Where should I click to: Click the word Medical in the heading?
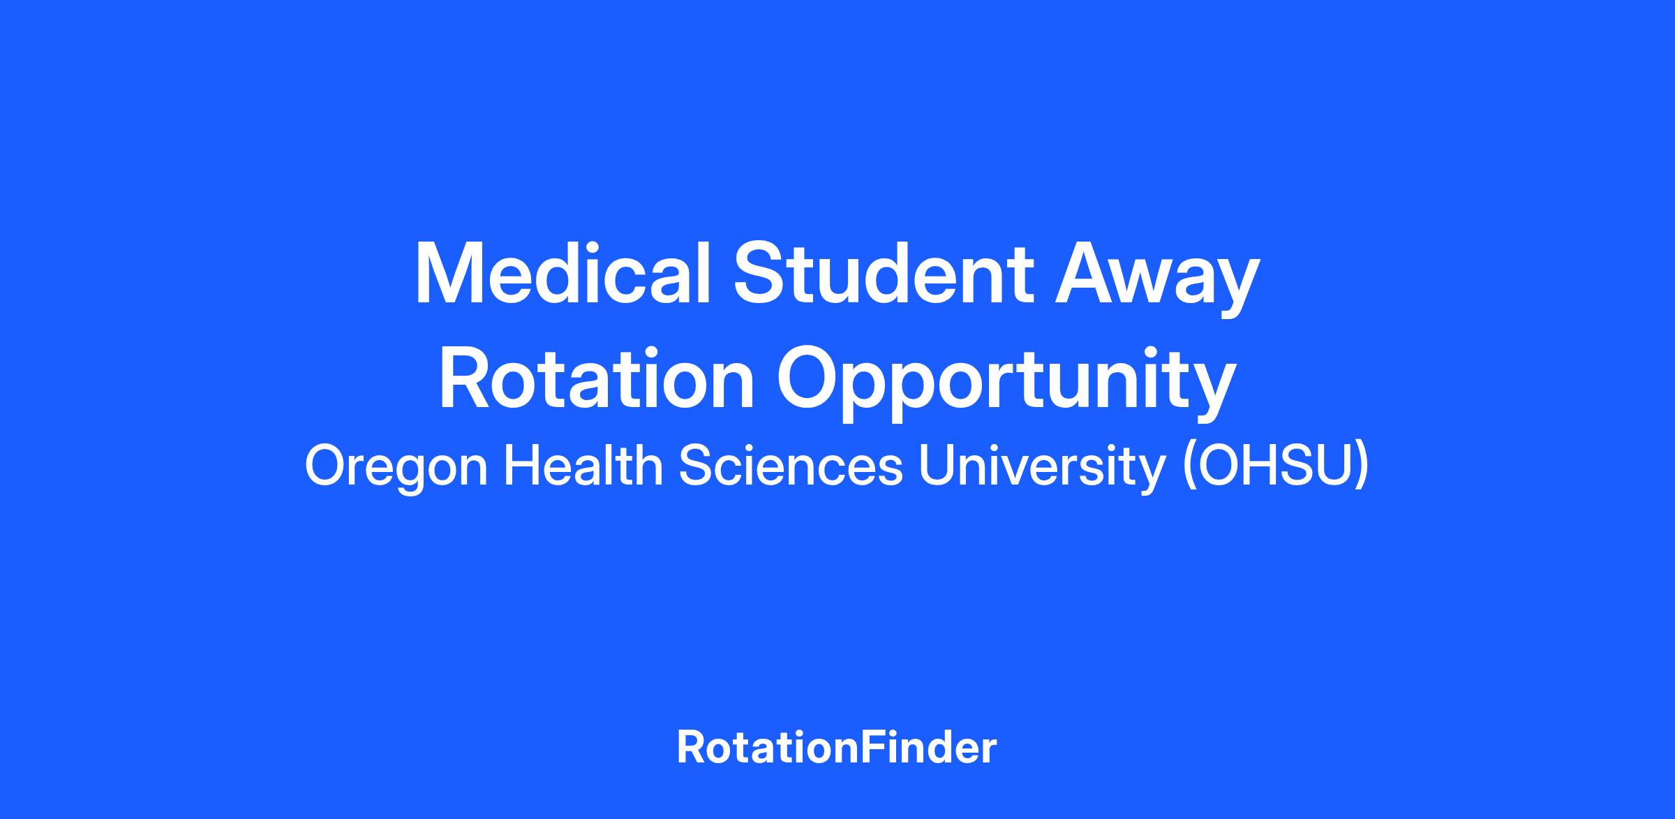point(563,273)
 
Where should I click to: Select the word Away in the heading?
point(1157,279)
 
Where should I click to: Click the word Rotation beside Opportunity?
point(597,378)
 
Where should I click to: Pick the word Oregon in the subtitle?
point(396,468)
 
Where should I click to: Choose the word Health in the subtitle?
point(583,465)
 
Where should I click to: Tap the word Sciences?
point(791,466)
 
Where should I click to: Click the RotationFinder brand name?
point(837,747)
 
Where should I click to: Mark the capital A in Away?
point(1087,273)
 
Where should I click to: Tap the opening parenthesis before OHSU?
point(1187,469)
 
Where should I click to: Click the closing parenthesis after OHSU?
point(1361,469)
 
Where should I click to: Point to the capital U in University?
point(937,466)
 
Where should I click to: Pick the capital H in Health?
point(521,466)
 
